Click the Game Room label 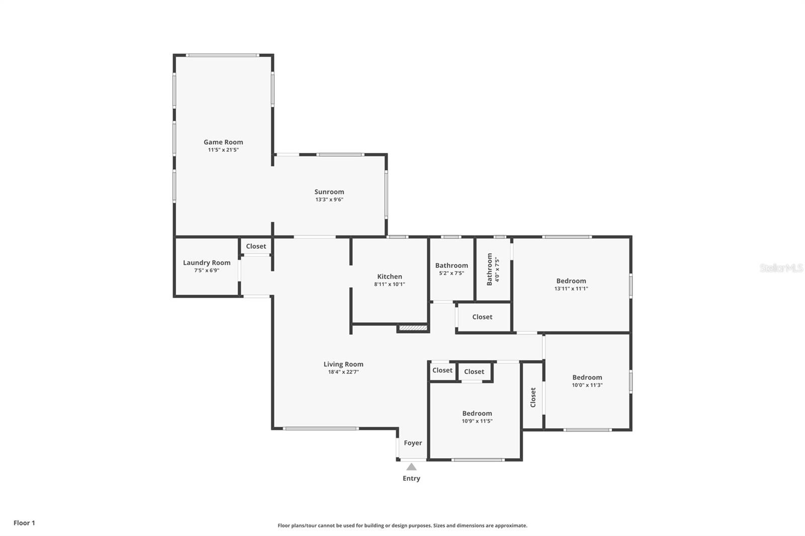pos(223,142)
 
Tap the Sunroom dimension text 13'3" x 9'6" pos(329,200)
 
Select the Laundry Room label pos(206,262)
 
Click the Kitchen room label pos(389,277)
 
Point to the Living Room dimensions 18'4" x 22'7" pos(343,372)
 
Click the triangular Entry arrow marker pos(412,467)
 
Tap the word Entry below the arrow pos(411,478)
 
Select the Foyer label pos(413,443)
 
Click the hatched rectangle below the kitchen pos(413,328)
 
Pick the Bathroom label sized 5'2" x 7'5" pos(451,265)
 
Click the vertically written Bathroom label pos(490,269)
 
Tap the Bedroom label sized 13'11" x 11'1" pos(571,281)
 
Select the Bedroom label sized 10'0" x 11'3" pos(587,378)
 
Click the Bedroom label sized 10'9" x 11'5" pos(477,414)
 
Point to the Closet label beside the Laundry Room pos(256,246)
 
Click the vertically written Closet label pos(533,397)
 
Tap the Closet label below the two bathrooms pos(482,317)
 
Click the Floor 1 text pos(24,523)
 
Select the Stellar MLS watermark pos(781,268)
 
